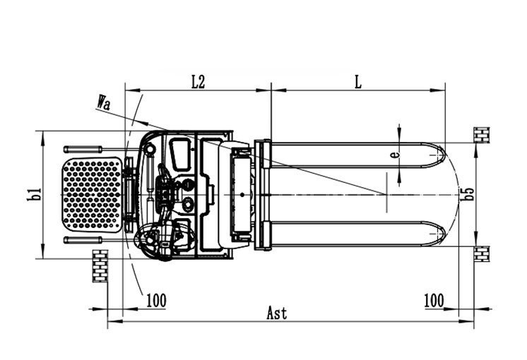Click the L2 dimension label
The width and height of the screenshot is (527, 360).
[197, 81]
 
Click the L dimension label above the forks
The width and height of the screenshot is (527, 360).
[358, 81]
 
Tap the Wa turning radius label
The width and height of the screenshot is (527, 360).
[104, 103]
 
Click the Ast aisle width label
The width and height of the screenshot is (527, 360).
[277, 313]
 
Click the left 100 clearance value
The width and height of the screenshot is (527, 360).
[155, 300]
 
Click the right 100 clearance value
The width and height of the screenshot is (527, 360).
[434, 300]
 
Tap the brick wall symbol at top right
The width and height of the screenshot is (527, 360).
[481, 134]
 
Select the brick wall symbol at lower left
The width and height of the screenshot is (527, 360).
[100, 265]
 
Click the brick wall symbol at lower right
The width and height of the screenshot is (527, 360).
[481, 253]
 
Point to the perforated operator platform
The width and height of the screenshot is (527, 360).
[93, 193]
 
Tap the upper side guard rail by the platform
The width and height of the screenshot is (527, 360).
[83, 149]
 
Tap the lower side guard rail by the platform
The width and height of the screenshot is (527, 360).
[83, 240]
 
